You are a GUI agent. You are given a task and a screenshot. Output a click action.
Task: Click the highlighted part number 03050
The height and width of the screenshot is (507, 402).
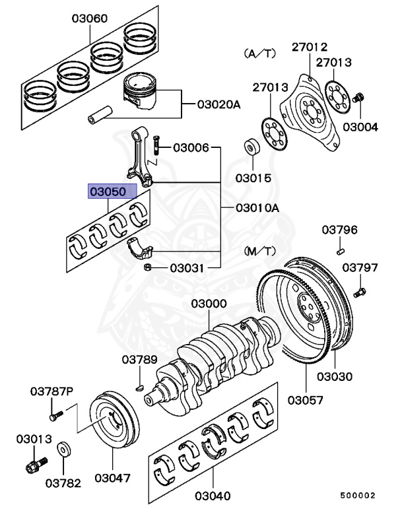pyautogui.click(x=113, y=192)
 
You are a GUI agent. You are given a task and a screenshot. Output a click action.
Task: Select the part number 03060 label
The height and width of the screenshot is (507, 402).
pyautogui.click(x=90, y=18)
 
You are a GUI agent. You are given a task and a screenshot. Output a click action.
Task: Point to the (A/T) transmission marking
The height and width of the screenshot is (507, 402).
pyautogui.click(x=258, y=52)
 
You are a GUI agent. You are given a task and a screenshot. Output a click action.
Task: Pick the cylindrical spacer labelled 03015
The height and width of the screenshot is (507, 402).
pyautogui.click(x=251, y=147)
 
